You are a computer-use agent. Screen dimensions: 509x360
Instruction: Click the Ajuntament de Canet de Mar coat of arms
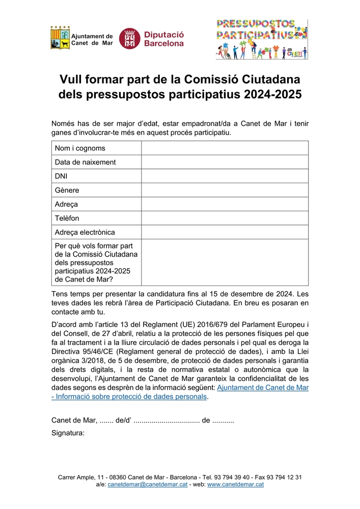pos(60,38)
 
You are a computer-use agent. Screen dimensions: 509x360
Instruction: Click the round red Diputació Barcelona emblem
pos(129,39)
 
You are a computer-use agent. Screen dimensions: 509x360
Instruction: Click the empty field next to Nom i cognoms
pos(225,148)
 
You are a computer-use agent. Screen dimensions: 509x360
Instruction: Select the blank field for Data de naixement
pos(225,162)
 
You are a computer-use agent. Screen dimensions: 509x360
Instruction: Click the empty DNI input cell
pos(225,176)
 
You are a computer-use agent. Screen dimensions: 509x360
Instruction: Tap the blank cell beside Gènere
pos(225,190)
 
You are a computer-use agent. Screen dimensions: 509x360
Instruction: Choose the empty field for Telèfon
pos(225,218)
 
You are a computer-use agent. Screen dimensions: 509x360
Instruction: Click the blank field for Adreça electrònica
pos(225,232)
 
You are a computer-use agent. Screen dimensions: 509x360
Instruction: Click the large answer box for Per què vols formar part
pos(225,262)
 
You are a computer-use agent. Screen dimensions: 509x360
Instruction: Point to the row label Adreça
pos(66,204)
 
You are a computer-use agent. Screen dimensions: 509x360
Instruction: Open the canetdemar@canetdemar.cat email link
pos(148,485)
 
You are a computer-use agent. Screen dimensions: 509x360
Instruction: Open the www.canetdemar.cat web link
pos(235,485)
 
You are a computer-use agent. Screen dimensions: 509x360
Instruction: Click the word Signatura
pos(68,433)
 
